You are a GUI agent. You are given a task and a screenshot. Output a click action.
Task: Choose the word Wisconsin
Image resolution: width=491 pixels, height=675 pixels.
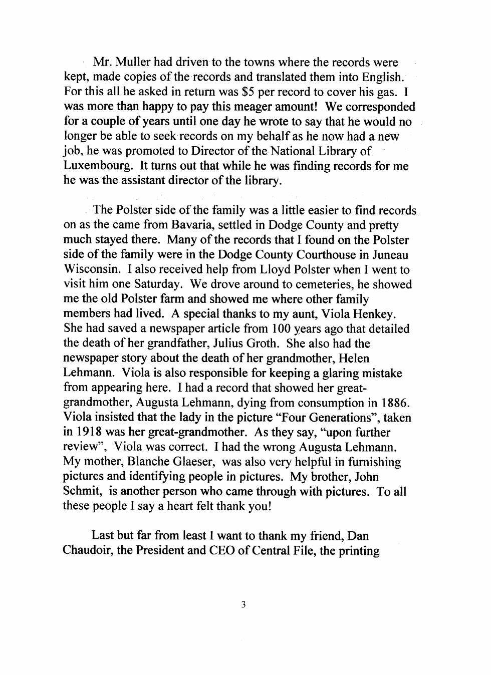[92, 269]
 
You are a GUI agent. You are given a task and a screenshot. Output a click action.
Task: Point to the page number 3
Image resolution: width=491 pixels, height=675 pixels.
[243, 605]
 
